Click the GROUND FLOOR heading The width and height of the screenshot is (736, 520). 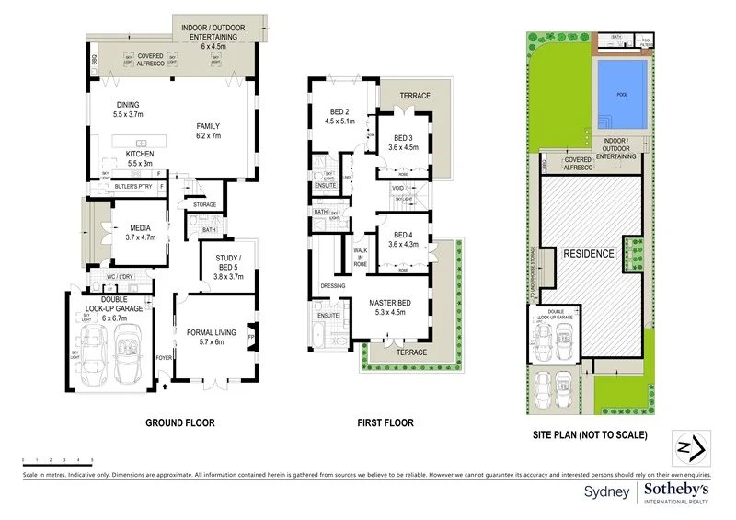(179, 423)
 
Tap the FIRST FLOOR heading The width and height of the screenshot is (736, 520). (385, 423)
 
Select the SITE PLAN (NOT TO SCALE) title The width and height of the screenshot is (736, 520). (590, 434)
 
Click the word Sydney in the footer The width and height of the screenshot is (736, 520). (607, 491)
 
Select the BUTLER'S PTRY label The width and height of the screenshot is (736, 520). (132, 187)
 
